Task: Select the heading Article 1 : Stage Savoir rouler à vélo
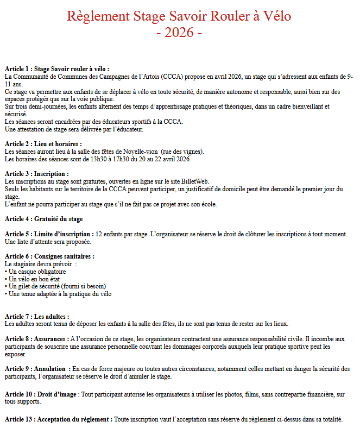(x=57, y=69)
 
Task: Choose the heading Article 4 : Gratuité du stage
(x=43, y=219)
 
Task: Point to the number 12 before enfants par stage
(x=99, y=234)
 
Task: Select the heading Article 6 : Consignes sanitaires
(x=49, y=256)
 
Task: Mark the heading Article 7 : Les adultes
(x=37, y=317)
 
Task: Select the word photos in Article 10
(x=219, y=394)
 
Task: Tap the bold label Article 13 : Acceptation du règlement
(x=59, y=419)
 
